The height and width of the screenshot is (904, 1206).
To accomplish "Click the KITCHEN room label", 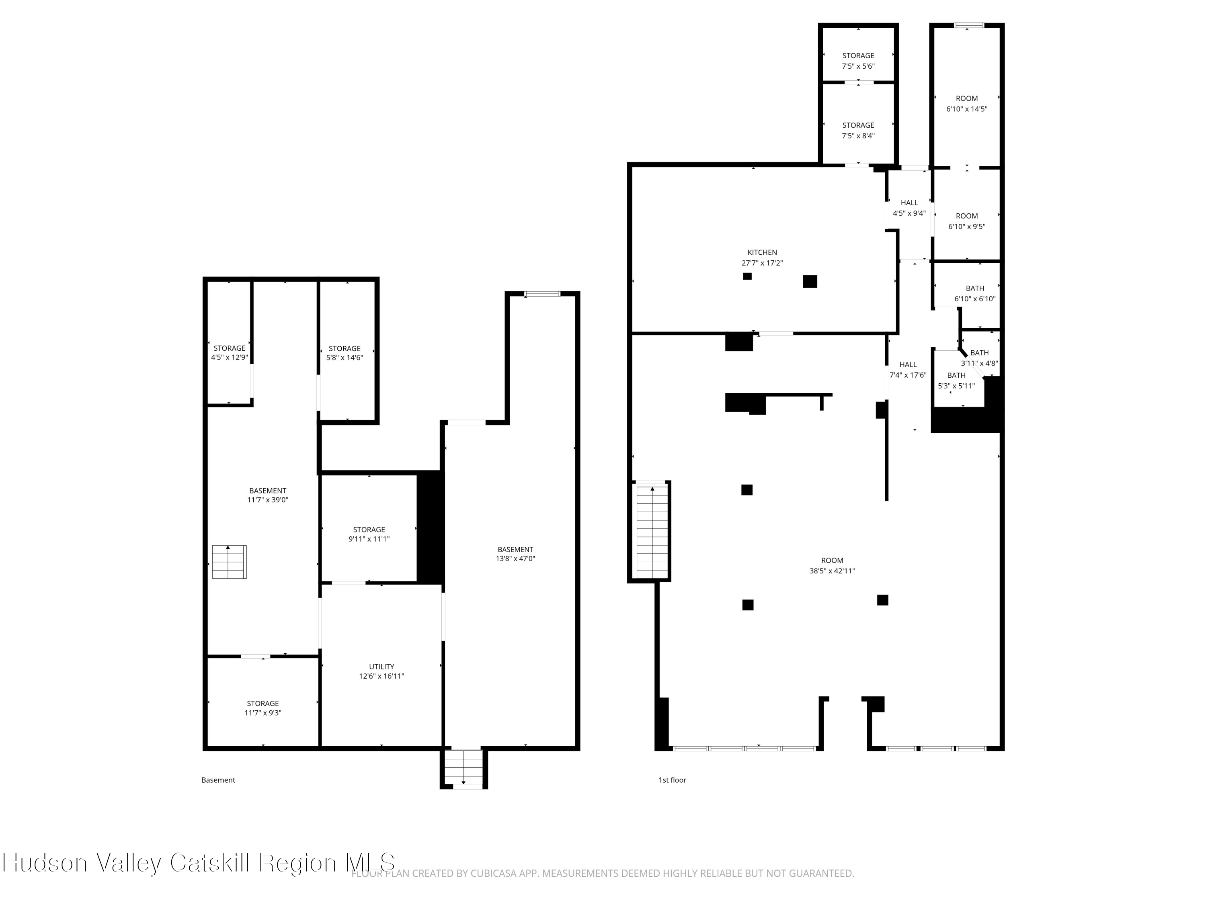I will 762,252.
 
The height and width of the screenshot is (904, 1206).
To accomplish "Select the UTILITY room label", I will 381,667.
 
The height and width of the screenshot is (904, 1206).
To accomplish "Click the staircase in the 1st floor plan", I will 652,532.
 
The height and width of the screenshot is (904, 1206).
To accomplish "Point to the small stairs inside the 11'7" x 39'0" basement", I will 229,562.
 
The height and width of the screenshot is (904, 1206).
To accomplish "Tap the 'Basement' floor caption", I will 218,780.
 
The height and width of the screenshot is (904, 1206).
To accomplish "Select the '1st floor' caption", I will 672,780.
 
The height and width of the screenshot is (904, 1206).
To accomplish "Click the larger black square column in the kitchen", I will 810,281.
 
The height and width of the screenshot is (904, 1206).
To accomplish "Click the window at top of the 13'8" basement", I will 542,294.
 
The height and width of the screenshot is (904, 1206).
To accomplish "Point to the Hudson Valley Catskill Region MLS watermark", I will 199,863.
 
